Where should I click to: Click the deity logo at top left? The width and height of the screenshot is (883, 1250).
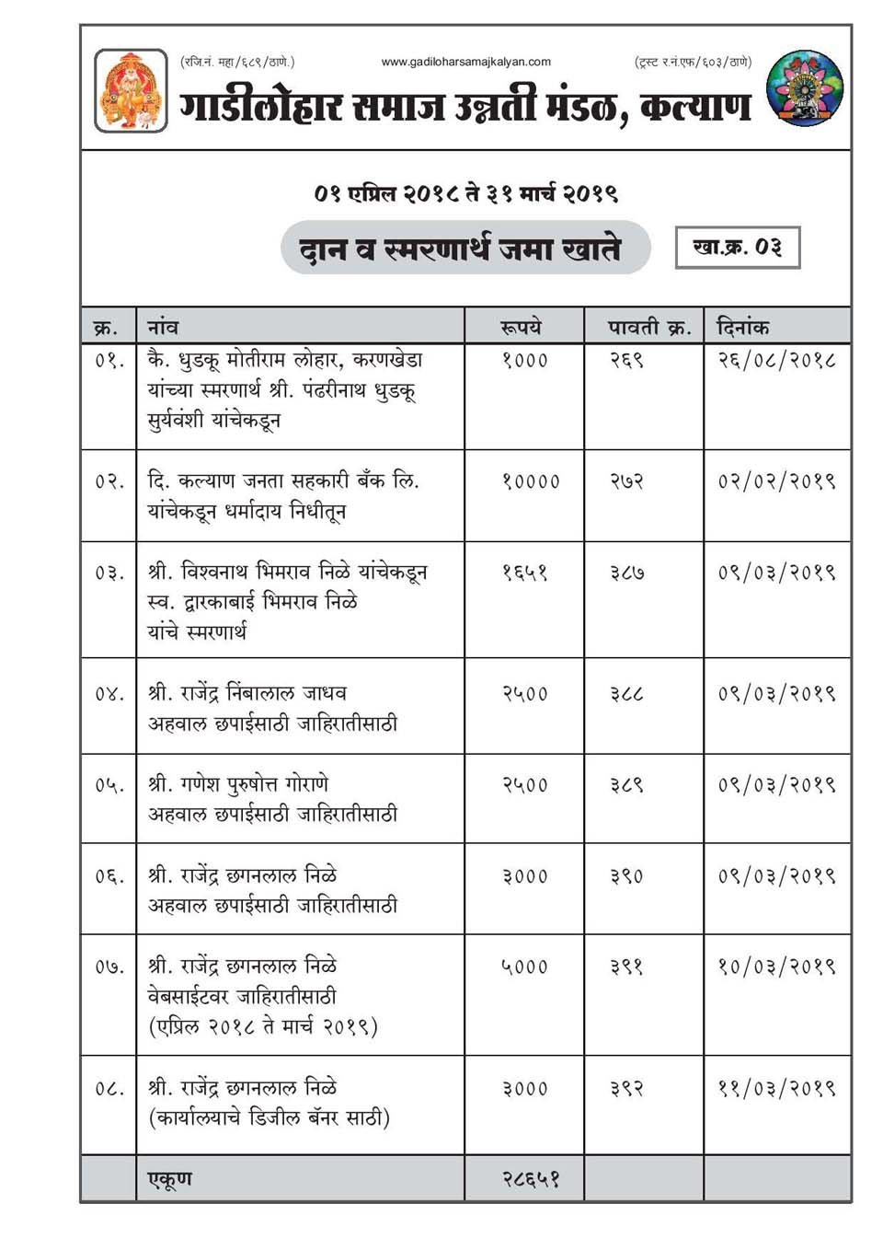coord(131,90)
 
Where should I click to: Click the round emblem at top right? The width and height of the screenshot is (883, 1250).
coord(804,88)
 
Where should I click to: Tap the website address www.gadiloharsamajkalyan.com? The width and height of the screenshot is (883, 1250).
coord(465,62)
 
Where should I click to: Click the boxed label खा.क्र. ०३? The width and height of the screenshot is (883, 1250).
coord(737,248)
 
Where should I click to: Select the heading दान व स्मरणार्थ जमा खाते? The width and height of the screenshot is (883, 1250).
coord(460,249)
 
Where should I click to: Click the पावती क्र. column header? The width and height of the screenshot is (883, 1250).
coord(648,327)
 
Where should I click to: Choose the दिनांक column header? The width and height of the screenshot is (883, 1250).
coord(742,327)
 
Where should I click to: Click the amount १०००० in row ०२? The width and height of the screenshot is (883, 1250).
coord(530,481)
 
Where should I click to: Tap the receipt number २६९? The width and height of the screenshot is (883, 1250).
coord(625,360)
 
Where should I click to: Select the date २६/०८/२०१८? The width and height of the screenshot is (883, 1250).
coord(775,360)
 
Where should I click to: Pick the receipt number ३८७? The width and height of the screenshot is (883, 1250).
coord(625,573)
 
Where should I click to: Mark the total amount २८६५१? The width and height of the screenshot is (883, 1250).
coord(530,1179)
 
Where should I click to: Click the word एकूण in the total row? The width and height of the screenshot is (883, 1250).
coord(170,1179)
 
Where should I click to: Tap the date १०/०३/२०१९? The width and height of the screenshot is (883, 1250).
coord(775,966)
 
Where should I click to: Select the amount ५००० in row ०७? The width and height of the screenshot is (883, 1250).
coord(524,966)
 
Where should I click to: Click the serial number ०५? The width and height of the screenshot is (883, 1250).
coord(108,785)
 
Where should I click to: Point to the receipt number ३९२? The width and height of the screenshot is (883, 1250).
coord(625,1089)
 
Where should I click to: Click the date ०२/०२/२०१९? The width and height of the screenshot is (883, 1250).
coord(775,481)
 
